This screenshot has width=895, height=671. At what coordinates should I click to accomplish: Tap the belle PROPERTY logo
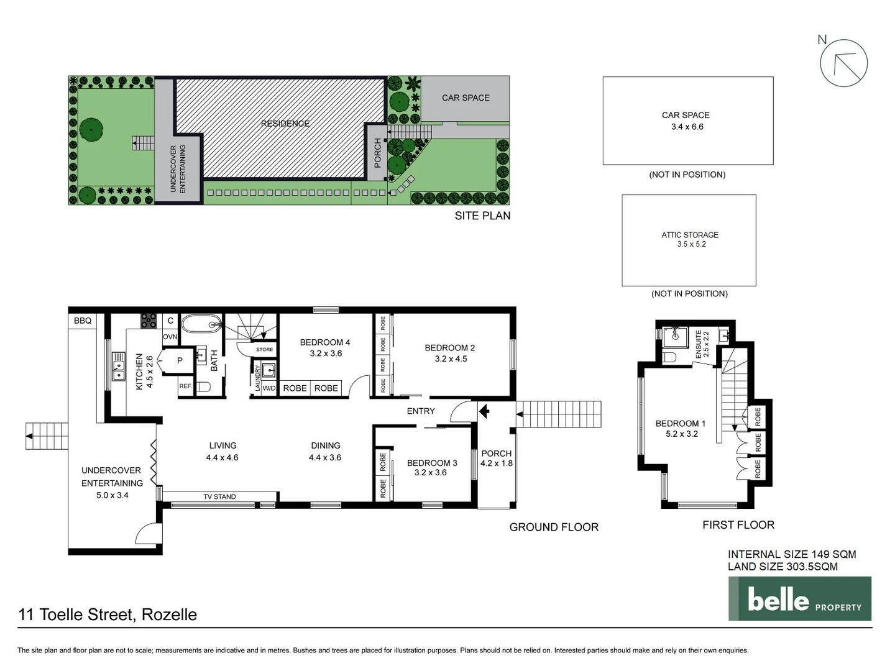[x=800, y=599]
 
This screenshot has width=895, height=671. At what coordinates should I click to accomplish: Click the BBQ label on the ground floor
[x=83, y=321]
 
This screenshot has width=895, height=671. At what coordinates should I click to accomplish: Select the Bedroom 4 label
[x=325, y=342]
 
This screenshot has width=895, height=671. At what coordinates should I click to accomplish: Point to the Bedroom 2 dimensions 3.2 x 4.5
[x=451, y=359]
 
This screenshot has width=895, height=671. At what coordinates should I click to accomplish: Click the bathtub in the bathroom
[x=201, y=324]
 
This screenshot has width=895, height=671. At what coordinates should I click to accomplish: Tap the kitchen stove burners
[x=149, y=321]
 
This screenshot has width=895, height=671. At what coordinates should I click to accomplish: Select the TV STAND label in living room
[x=219, y=496]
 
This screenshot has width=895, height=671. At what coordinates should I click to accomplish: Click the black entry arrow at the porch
[x=484, y=411]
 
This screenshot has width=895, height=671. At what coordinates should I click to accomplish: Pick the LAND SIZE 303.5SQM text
[x=783, y=567]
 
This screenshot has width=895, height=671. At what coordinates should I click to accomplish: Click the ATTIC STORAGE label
[x=690, y=235]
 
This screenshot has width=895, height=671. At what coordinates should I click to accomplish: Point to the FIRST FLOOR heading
[x=738, y=525]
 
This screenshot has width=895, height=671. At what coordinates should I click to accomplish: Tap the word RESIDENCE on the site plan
[x=285, y=124]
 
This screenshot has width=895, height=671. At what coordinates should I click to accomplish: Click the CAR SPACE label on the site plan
[x=466, y=98]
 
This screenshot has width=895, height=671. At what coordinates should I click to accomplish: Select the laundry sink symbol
[x=268, y=371]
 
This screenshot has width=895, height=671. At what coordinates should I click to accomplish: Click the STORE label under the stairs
[x=264, y=349]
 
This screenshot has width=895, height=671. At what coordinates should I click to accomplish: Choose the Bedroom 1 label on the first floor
[x=681, y=424]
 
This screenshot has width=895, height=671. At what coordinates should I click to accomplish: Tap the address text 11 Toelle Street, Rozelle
[x=108, y=614]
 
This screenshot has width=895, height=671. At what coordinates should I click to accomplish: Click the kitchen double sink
[x=118, y=367]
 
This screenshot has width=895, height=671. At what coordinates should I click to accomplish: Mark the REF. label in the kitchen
[x=185, y=386]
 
